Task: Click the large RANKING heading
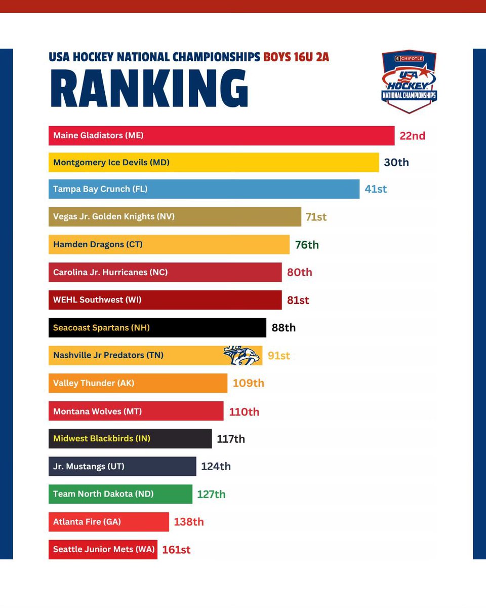click(x=149, y=89)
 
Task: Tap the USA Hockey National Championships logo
click(x=409, y=81)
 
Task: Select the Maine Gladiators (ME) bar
click(x=221, y=136)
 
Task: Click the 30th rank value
click(x=396, y=163)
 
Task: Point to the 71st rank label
click(x=316, y=217)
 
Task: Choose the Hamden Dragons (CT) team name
click(x=98, y=244)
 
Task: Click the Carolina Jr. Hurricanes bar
click(x=165, y=272)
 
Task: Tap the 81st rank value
click(x=298, y=300)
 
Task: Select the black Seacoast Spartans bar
click(x=157, y=328)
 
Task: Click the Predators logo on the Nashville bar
click(x=242, y=355)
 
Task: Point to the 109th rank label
click(x=248, y=383)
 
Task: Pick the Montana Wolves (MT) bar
click(x=136, y=411)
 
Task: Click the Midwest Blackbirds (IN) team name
click(x=102, y=438)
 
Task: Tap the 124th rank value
click(x=216, y=466)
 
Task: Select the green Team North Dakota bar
click(x=120, y=494)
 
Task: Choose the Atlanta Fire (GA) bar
click(x=108, y=522)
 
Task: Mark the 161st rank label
click(x=176, y=550)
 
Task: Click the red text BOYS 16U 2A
click(x=296, y=57)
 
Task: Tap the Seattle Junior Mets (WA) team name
click(x=103, y=549)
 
